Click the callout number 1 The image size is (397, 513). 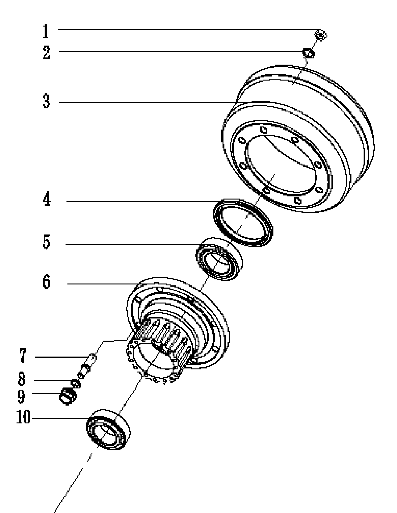click(x=46, y=32)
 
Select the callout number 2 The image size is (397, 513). click(x=46, y=52)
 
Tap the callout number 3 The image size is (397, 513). click(x=46, y=101)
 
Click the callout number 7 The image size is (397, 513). click(x=22, y=356)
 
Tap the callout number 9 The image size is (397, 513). click(x=21, y=396)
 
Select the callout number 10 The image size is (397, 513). click(x=23, y=417)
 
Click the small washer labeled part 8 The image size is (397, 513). click(x=75, y=383)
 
